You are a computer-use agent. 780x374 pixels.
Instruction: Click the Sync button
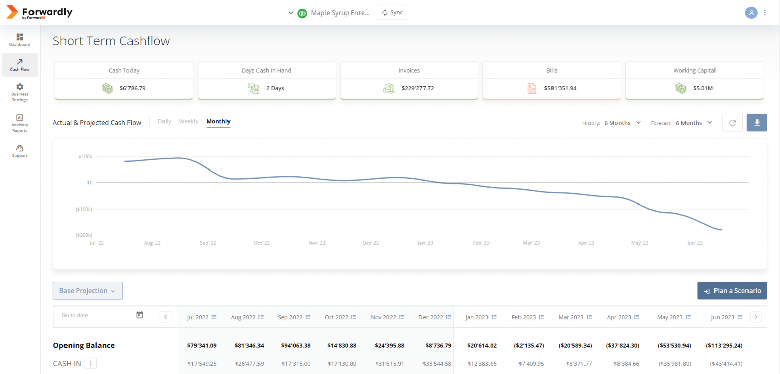(x=392, y=13)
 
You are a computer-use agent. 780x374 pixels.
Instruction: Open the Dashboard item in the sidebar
(x=20, y=40)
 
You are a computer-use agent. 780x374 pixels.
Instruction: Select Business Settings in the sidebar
(x=20, y=92)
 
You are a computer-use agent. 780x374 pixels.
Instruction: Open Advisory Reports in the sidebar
(x=20, y=123)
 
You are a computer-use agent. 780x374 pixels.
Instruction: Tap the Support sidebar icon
(x=20, y=151)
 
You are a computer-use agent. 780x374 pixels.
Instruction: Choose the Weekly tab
(x=188, y=121)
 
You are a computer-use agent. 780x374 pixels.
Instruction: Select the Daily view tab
(x=165, y=121)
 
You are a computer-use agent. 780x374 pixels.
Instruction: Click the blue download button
(x=757, y=123)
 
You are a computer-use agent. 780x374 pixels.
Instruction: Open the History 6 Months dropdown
(x=623, y=123)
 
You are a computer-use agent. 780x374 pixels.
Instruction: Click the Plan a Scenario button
(x=732, y=290)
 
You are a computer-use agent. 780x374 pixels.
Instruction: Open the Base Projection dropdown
(x=88, y=290)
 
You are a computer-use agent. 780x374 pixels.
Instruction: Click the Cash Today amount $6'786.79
(x=133, y=88)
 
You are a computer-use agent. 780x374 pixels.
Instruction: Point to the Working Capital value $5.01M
(x=703, y=88)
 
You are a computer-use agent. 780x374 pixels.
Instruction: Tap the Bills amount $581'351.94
(x=560, y=88)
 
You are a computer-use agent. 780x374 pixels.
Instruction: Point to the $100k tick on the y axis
(x=85, y=157)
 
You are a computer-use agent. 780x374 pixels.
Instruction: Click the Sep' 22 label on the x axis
(x=208, y=243)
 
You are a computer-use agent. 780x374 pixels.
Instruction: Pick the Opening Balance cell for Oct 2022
(x=342, y=346)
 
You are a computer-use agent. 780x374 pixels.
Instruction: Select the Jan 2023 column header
(x=480, y=317)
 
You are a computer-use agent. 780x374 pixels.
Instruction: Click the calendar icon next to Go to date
(x=140, y=315)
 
